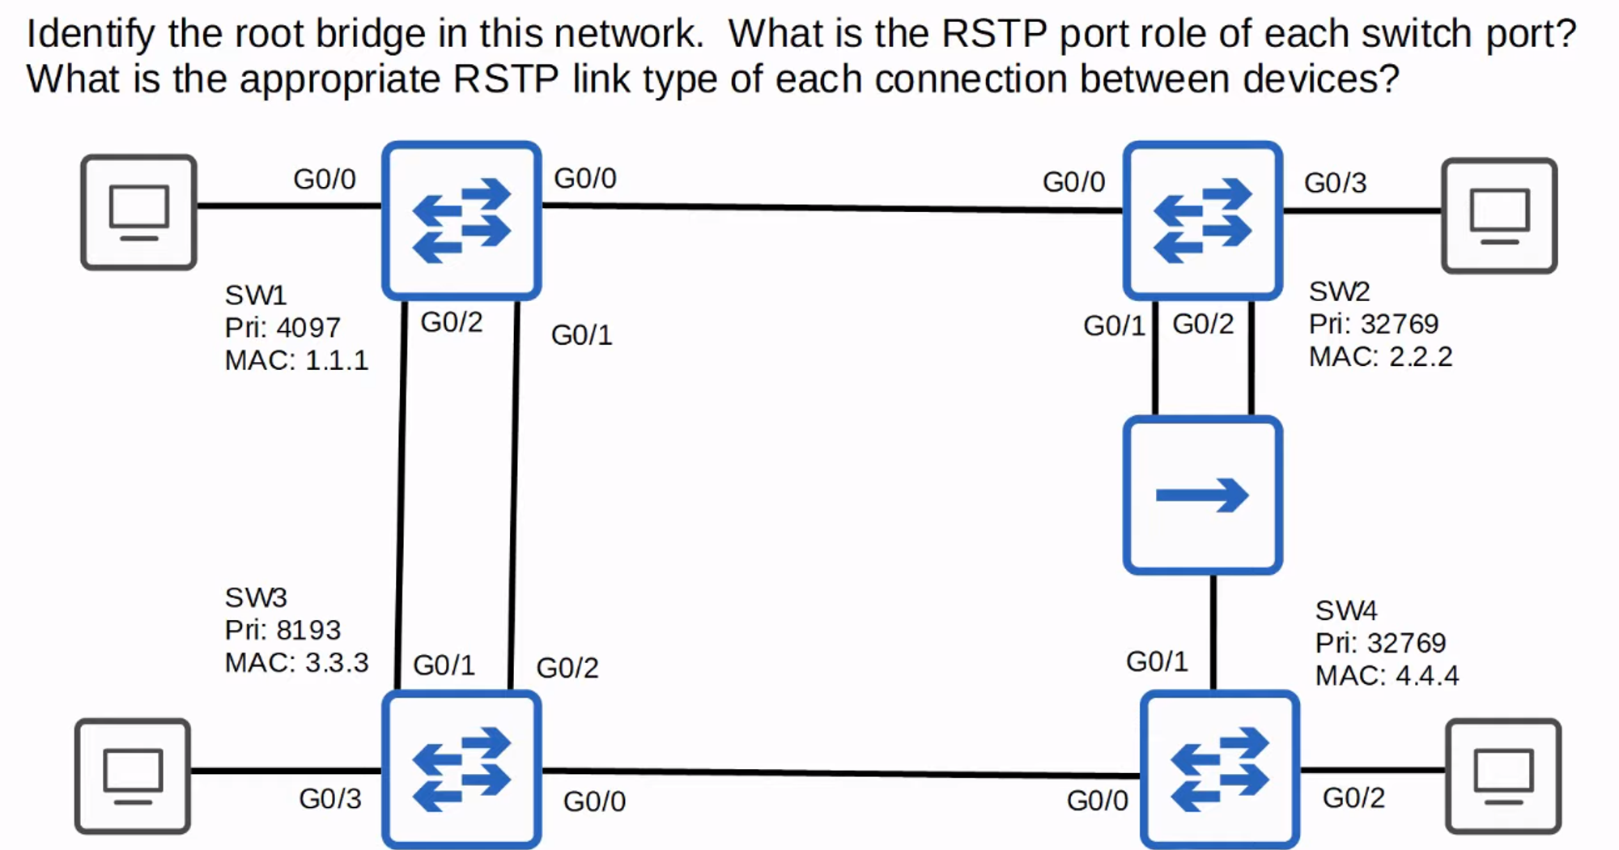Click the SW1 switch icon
pyautogui.click(x=461, y=220)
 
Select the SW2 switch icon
pyautogui.click(x=1202, y=220)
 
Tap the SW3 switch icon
pyautogui.click(x=461, y=769)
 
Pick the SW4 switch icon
pyautogui.click(x=1220, y=769)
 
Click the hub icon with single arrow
pyautogui.click(x=1202, y=495)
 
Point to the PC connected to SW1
pyautogui.click(x=138, y=212)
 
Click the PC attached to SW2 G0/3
pyautogui.click(x=1499, y=215)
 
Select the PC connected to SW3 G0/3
pyautogui.click(x=133, y=776)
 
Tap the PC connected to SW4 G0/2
pyautogui.click(x=1503, y=776)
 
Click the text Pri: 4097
pyautogui.click(x=282, y=328)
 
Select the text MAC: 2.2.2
pyautogui.click(x=1380, y=356)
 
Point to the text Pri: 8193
pyautogui.click(x=282, y=630)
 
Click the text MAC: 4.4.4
pyautogui.click(x=1386, y=675)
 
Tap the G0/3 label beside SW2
pyautogui.click(x=1335, y=183)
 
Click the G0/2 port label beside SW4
pyautogui.click(x=1353, y=798)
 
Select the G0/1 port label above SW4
pyautogui.click(x=1157, y=661)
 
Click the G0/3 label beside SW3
pyautogui.click(x=329, y=799)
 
